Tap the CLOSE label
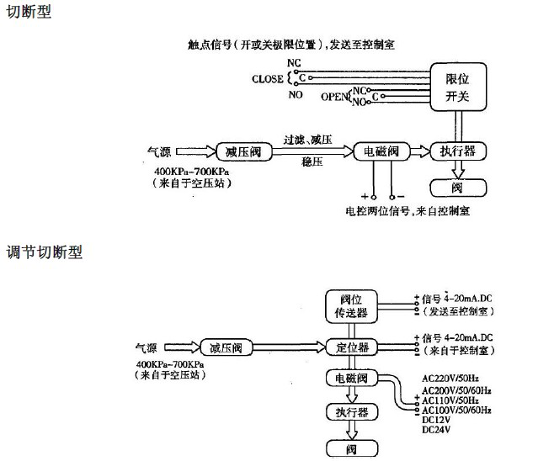269,78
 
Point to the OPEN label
334,98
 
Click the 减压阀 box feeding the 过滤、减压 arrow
243,151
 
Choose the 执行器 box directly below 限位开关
458,151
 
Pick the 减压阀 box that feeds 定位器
226,347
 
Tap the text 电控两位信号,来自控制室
408,210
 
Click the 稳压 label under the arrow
312,163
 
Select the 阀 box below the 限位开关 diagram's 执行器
457,188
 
